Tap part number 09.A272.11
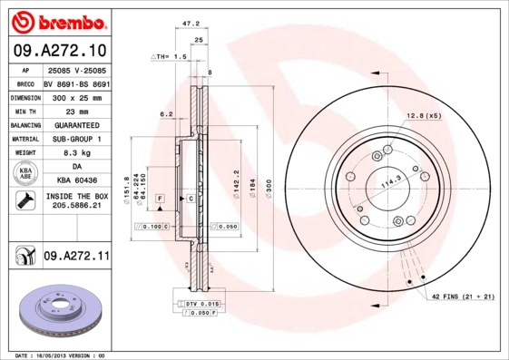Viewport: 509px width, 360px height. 75,257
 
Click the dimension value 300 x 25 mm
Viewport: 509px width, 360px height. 71,95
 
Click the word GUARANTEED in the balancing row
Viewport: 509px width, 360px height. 71,124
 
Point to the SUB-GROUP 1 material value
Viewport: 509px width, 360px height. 71,139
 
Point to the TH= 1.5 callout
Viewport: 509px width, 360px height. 170,56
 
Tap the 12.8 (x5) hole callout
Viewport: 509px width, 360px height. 424,116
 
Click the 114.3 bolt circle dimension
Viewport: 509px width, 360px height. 390,183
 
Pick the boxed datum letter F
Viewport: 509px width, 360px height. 160,197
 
